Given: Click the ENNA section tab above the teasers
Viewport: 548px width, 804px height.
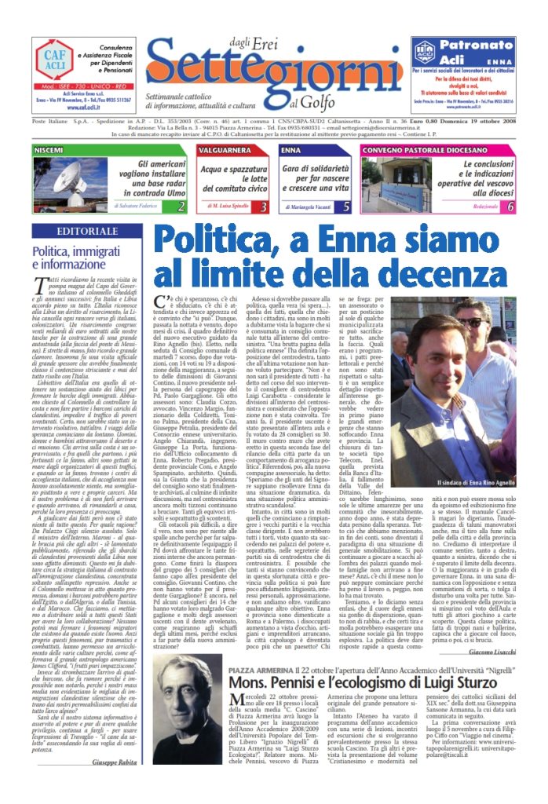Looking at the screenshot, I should [291, 149].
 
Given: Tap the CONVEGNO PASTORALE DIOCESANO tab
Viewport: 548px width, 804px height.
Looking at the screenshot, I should [413, 149].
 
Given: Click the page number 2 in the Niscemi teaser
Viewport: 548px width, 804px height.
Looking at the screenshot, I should [181, 206].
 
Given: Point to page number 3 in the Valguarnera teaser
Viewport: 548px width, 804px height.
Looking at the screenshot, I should [264, 206].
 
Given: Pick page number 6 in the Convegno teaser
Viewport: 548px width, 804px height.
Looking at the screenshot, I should [510, 206].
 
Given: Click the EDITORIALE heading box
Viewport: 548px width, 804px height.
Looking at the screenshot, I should [83, 232].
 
